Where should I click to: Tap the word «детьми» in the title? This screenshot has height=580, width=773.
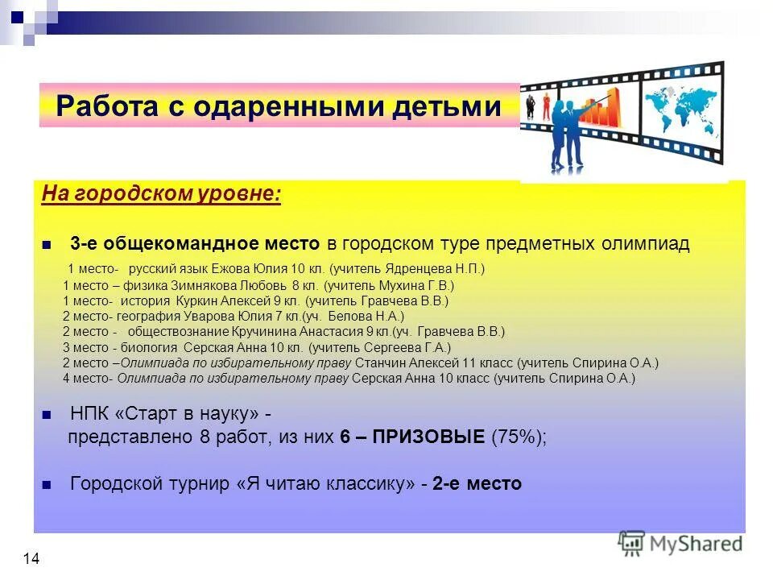pos(447,106)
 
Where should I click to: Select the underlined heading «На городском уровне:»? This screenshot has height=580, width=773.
pos(161,196)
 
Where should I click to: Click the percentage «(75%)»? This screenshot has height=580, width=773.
pos(518,437)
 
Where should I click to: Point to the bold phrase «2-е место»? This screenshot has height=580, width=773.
pos(477,484)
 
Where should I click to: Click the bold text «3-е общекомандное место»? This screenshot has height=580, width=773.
pos(196,244)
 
